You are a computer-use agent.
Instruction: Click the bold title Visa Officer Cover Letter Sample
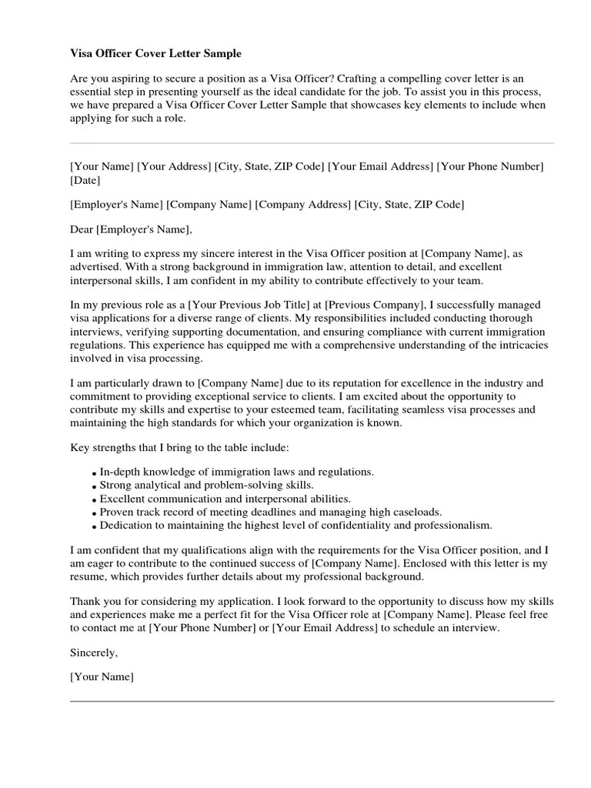click(x=155, y=54)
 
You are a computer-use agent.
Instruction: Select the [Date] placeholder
click(x=85, y=181)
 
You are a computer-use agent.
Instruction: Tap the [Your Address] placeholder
click(x=174, y=166)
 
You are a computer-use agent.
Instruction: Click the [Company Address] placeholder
click(x=303, y=205)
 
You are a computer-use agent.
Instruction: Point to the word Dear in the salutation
click(x=82, y=229)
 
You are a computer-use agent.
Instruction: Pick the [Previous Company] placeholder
click(x=372, y=306)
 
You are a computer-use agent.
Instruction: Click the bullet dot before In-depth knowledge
click(x=94, y=473)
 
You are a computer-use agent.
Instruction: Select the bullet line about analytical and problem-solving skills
click(x=206, y=486)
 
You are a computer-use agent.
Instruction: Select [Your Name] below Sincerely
click(x=102, y=677)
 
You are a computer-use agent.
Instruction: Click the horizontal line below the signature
click(x=312, y=701)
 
